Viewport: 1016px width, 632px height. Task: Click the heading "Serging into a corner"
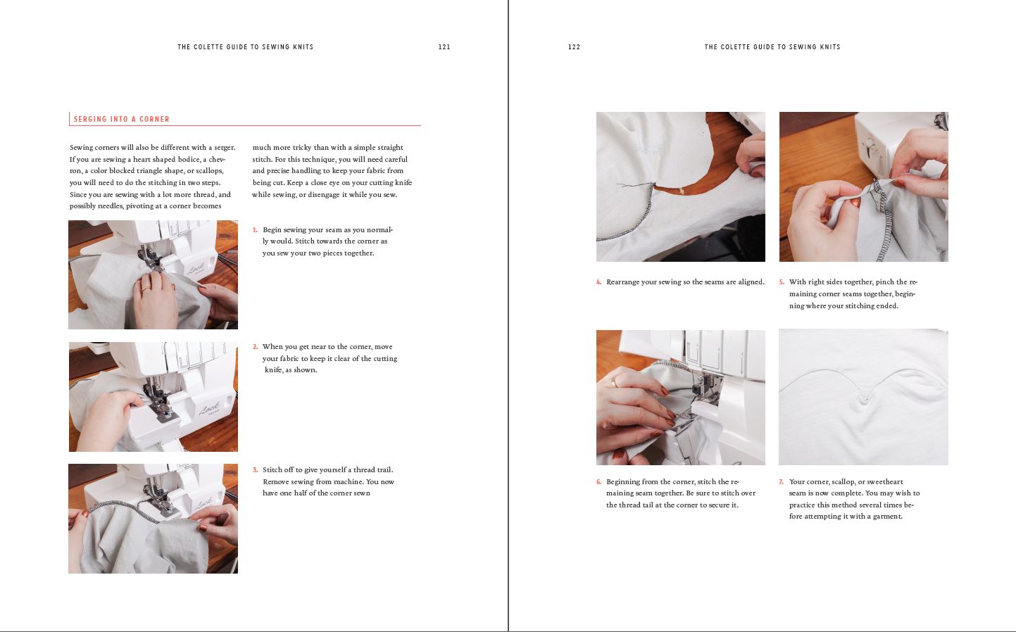pos(122,119)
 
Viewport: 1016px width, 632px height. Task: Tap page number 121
pos(444,46)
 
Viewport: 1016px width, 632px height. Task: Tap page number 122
pos(575,46)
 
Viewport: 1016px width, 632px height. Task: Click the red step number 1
pos(256,230)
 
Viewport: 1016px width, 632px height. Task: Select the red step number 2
pos(256,347)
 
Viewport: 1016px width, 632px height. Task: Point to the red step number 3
pos(256,470)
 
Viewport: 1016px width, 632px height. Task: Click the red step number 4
pos(599,282)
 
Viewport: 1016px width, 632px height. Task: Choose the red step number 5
pos(782,282)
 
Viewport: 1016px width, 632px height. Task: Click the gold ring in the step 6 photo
pos(614,382)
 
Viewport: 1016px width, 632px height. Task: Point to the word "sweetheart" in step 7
pos(885,481)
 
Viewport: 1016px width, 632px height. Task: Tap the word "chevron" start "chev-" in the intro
pos(217,159)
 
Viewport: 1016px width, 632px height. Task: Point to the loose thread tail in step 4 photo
pos(635,185)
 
